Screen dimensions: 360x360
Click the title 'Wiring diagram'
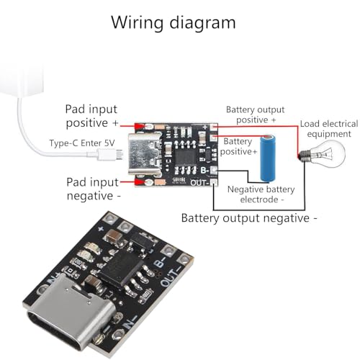pos(173,22)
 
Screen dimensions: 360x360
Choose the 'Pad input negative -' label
pos(91,189)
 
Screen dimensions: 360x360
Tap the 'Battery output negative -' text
pos(249,217)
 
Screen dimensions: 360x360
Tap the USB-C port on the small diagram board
pos(138,153)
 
